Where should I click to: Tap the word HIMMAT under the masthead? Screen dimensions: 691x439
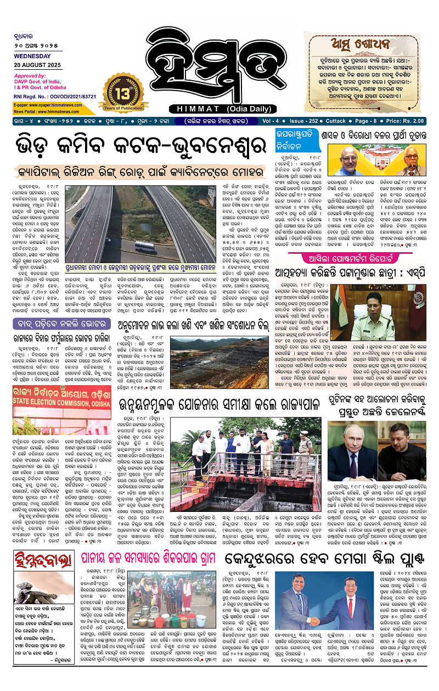tap(190, 108)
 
